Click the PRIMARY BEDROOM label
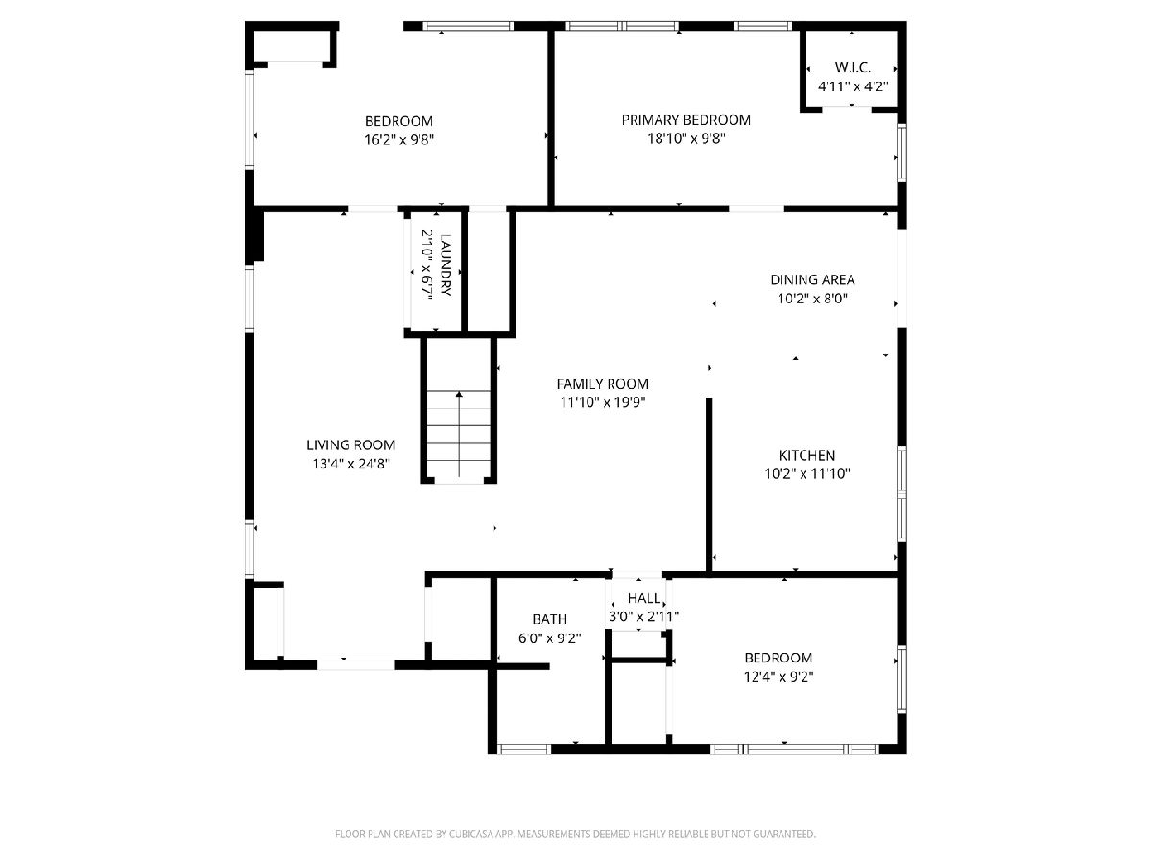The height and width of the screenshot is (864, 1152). click(x=685, y=120)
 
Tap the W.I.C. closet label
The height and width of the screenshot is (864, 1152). click(x=852, y=67)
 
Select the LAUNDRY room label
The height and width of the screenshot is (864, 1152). click(x=445, y=265)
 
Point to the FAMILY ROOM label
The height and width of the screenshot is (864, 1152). click(x=602, y=384)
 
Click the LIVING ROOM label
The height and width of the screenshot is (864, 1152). click(x=350, y=444)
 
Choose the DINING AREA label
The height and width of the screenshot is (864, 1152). click(x=812, y=279)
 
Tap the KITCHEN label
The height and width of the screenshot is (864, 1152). click(x=806, y=455)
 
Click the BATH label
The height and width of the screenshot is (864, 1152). click(x=549, y=619)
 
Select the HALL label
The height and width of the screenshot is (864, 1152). click(x=643, y=598)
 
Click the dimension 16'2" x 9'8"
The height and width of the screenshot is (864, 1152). click(x=398, y=140)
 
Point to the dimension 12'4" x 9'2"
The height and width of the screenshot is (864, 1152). click(x=779, y=677)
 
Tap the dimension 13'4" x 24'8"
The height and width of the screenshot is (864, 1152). click(x=350, y=464)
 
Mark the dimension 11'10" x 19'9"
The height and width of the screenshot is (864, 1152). click(x=602, y=403)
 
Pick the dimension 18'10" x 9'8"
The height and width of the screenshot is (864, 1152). click(x=686, y=139)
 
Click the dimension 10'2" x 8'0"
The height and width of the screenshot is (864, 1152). click(x=812, y=299)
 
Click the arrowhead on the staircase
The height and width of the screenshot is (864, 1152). click(x=459, y=394)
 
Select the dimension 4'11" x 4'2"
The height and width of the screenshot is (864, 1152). click(x=852, y=86)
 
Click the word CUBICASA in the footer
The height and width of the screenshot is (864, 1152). click(x=470, y=834)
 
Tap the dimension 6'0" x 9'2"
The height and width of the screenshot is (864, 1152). click(x=549, y=638)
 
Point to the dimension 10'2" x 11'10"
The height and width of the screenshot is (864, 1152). click(x=806, y=474)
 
